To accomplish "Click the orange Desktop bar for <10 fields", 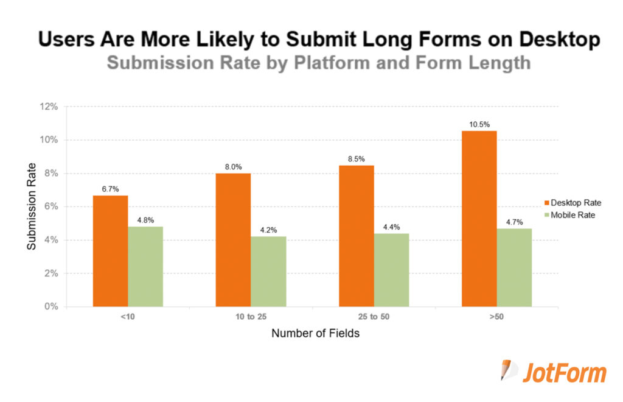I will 110,251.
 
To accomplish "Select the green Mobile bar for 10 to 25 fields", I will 268,271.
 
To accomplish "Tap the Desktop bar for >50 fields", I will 479,219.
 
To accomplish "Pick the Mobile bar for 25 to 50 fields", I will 391,270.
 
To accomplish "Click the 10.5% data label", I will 479,125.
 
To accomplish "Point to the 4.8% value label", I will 145,220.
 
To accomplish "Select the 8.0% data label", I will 233,167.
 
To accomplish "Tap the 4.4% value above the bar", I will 391,227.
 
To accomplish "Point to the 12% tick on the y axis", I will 49,107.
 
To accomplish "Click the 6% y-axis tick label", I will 52,206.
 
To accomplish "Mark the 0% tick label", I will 52,306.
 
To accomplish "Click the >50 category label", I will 496,317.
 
